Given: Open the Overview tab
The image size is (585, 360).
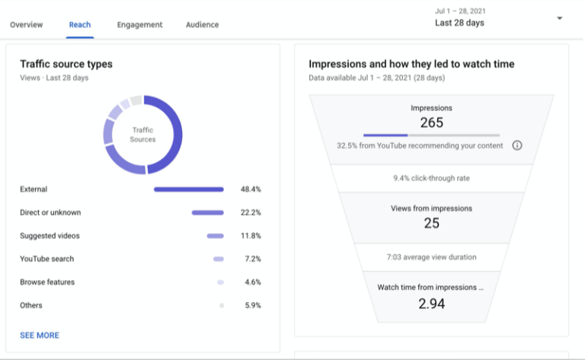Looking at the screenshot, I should click(x=26, y=24).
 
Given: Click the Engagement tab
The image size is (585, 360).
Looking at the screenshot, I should click(x=139, y=24).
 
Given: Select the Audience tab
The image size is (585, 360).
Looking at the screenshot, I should click(x=202, y=24).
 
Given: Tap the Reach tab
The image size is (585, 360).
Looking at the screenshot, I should click(x=80, y=24).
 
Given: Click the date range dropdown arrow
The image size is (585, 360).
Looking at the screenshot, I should click(x=561, y=18).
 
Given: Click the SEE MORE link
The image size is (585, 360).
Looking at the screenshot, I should click(x=40, y=335).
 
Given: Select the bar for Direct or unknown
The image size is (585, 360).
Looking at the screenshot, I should click(x=207, y=213).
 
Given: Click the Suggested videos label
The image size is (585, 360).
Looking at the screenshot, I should click(x=50, y=236).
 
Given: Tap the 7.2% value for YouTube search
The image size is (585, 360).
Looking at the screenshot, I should click(x=252, y=260).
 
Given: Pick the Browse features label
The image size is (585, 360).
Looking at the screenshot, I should click(x=47, y=282).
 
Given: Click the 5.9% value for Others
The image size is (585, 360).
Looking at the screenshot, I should click(x=252, y=306).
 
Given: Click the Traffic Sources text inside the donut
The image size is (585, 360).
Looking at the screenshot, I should click(x=143, y=135).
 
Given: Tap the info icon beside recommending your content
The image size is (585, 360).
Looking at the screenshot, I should click(x=517, y=145).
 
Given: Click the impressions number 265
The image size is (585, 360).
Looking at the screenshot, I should click(x=431, y=123).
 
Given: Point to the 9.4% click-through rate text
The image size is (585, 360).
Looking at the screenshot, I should click(x=431, y=178).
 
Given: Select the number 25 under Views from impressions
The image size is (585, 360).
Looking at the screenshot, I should click(x=431, y=223).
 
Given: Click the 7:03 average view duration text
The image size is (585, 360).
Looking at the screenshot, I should click(x=431, y=257).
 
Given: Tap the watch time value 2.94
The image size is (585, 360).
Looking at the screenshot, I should click(x=431, y=303).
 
